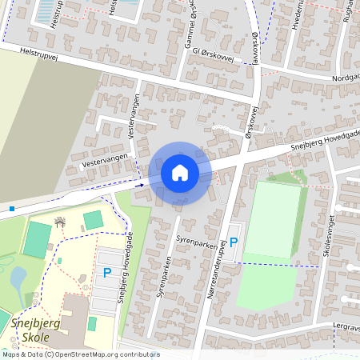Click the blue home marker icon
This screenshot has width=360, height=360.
pos(180,172)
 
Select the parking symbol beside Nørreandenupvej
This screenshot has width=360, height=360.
pos(234,242)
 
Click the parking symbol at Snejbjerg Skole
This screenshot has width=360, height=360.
pos(106,273)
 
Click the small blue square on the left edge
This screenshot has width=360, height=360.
pos(13,209)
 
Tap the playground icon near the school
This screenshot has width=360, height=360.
pos(59,221)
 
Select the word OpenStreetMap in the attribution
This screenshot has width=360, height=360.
pos(89,354)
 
